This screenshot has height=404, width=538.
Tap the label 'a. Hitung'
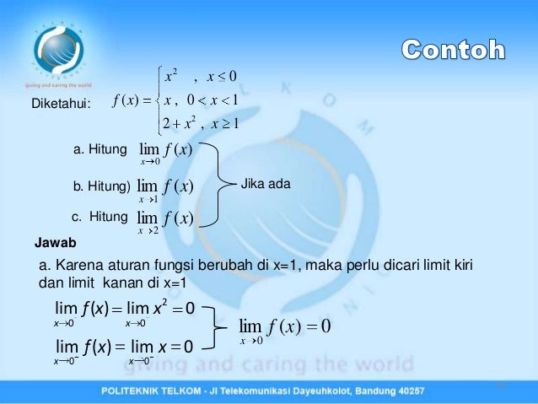(100, 151)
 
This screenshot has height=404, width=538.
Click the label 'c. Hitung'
(99, 216)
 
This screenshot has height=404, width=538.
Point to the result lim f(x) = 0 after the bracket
(283, 327)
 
